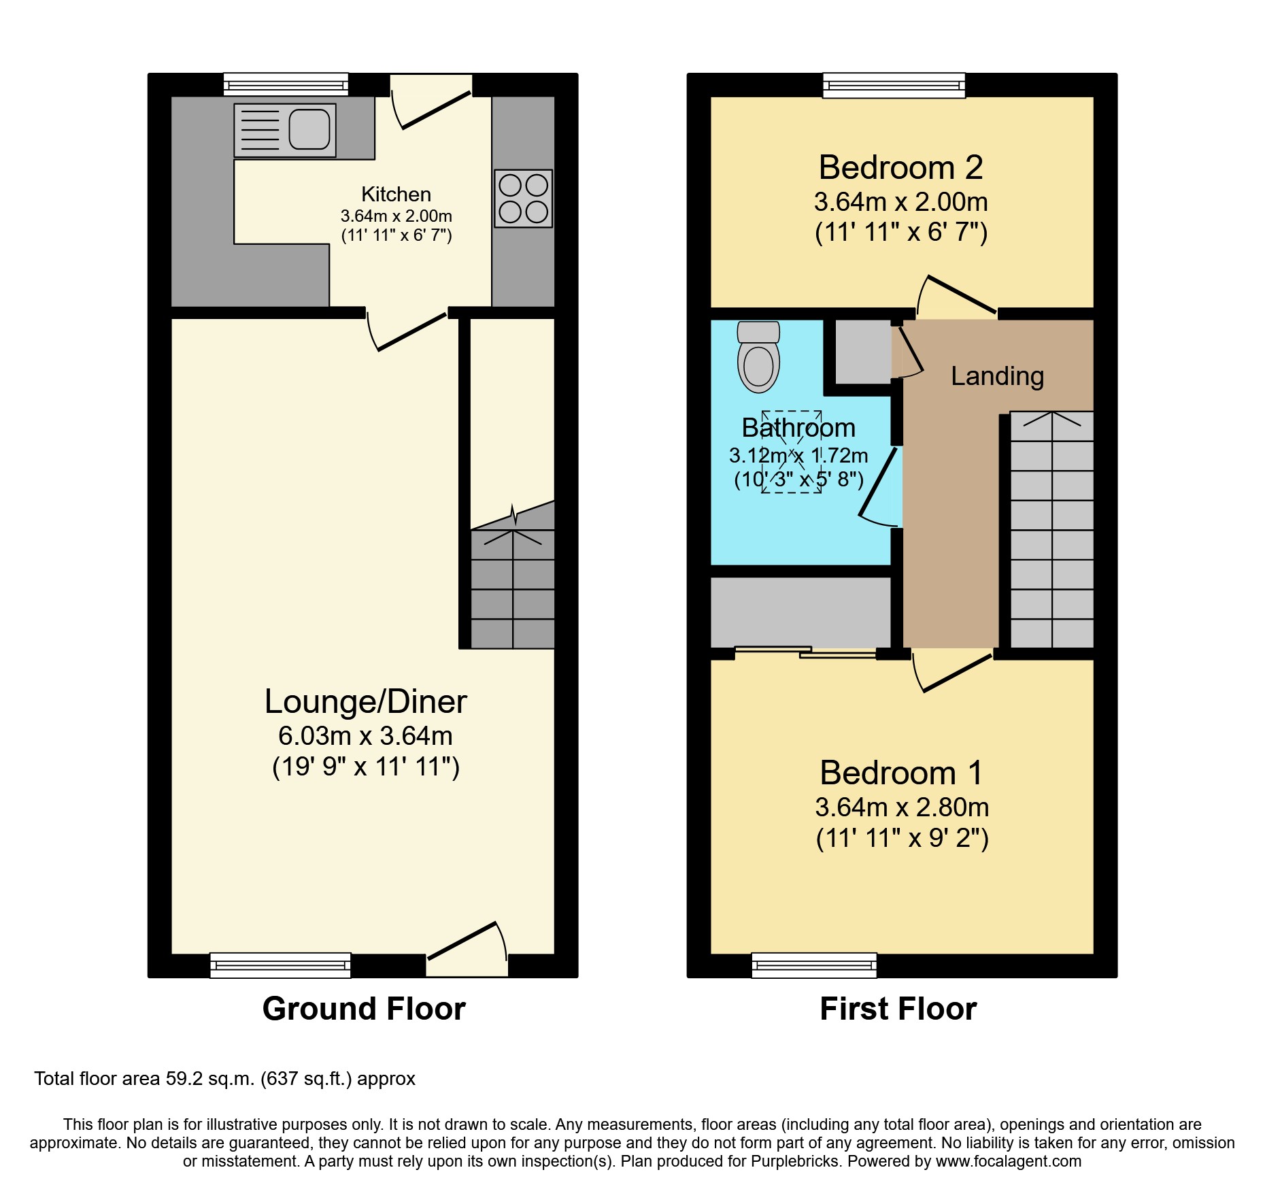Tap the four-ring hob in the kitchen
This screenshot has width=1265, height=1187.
[x=523, y=198]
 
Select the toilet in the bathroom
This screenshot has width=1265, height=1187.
[x=758, y=358]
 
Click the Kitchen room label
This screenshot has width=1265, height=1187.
[x=396, y=195]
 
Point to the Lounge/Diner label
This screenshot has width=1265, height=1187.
[x=365, y=702]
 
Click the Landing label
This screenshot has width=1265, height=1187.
[x=997, y=376]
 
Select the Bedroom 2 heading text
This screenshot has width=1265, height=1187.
[x=900, y=168]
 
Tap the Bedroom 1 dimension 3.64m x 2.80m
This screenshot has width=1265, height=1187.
[x=902, y=807]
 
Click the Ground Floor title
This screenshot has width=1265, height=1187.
[x=364, y=1009]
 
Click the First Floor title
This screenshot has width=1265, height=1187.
[x=898, y=1009]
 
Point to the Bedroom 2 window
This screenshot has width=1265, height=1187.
[x=894, y=86]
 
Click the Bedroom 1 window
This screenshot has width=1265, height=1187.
[x=814, y=965]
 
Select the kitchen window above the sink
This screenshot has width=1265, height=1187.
[x=286, y=85]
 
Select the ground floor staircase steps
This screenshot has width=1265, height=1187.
[x=513, y=588]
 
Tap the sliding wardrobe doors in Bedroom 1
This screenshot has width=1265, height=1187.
[x=806, y=652]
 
